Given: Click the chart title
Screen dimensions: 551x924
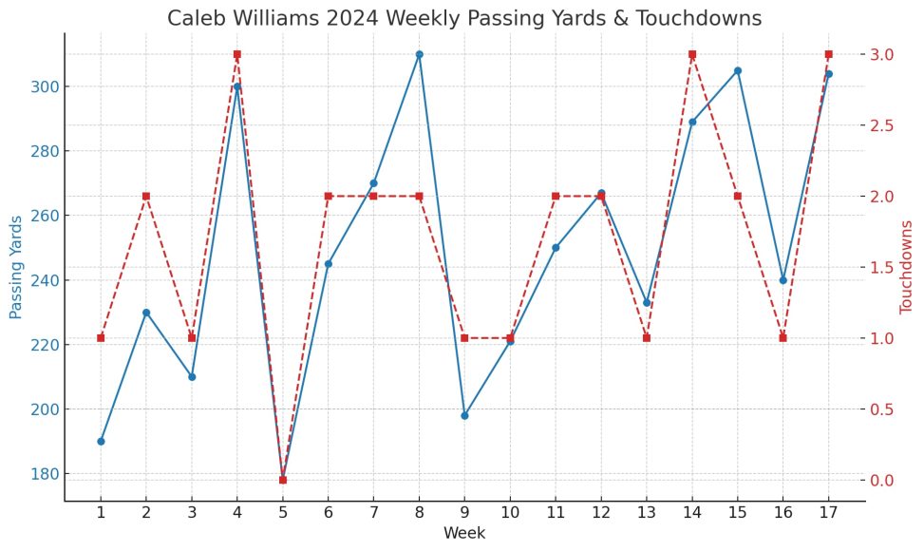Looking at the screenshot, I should coord(464,18).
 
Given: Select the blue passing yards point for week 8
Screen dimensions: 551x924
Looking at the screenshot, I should coord(419,54).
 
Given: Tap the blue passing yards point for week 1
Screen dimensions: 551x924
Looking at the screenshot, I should coord(101,441).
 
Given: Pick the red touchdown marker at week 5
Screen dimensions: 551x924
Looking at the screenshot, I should coord(282,480).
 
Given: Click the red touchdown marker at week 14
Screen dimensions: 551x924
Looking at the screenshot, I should coord(692,54).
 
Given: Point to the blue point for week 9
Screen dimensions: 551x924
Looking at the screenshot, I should coord(464,415).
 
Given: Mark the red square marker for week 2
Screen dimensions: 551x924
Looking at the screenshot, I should coord(146,196).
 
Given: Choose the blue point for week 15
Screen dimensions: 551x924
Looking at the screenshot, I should coord(738,70).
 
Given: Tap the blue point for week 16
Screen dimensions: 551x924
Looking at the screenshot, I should coord(783,280).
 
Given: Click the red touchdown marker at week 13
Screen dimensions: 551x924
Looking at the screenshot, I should coord(647,337).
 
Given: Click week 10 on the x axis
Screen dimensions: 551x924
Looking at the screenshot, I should coord(510,513).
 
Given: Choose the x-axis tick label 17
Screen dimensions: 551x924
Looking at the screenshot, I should coord(829,513).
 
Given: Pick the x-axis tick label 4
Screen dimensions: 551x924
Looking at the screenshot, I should coord(236,513).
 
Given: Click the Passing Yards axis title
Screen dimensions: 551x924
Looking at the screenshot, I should coord(15,266).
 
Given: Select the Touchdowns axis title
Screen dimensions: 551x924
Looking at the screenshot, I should coord(906,266).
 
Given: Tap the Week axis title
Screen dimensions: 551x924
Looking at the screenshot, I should coord(464,533).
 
